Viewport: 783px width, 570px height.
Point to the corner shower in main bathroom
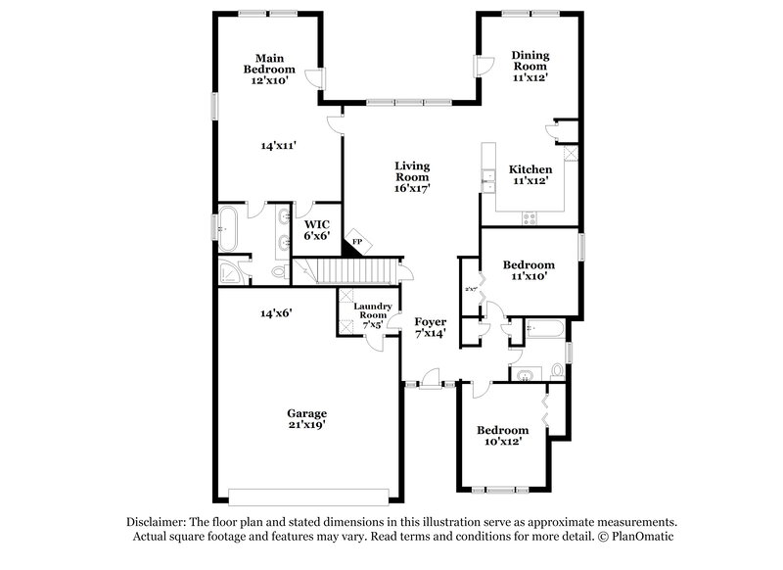tap(231, 271)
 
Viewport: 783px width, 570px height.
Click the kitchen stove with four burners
tap(530, 218)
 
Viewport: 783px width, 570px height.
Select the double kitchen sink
tap(485, 176)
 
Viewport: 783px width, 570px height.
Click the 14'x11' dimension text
tap(279, 145)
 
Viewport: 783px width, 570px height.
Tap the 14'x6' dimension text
tap(277, 313)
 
